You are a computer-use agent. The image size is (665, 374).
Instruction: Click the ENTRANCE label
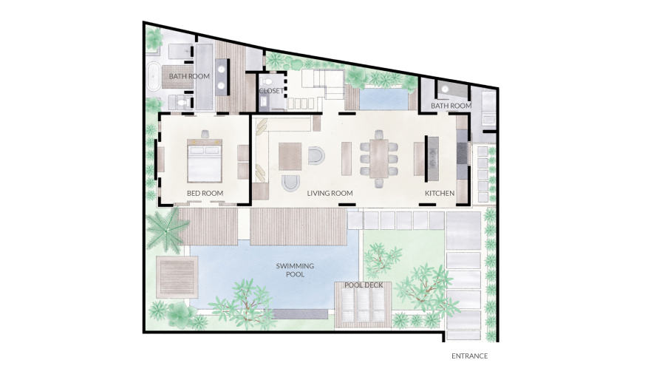click(x=469, y=356)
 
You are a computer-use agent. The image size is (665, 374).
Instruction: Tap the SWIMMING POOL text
click(x=295, y=270)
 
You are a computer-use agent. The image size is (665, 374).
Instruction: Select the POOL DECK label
click(x=364, y=285)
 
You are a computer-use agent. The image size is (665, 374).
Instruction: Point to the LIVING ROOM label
click(x=330, y=194)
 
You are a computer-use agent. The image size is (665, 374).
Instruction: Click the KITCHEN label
click(x=440, y=194)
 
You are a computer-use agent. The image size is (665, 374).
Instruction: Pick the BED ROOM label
click(x=205, y=194)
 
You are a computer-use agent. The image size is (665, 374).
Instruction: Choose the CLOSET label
click(x=271, y=91)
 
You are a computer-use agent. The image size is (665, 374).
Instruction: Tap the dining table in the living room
click(x=379, y=159)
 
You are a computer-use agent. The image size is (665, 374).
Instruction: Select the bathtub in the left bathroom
click(x=153, y=76)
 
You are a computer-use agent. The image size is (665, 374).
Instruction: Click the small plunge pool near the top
click(x=383, y=98)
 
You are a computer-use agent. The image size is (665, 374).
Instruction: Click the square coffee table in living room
click(x=290, y=157)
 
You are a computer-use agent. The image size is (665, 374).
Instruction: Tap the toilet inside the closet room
click(x=267, y=81)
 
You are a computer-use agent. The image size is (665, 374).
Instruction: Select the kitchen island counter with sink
click(x=432, y=158)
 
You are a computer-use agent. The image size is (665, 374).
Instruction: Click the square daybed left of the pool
click(x=177, y=276)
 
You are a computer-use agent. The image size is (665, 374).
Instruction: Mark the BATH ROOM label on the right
click(x=451, y=106)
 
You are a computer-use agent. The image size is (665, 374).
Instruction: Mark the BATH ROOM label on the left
click(x=189, y=76)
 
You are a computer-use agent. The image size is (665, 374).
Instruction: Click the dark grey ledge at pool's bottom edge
click(x=301, y=314)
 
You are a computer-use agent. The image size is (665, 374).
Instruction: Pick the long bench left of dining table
click(x=347, y=158)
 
